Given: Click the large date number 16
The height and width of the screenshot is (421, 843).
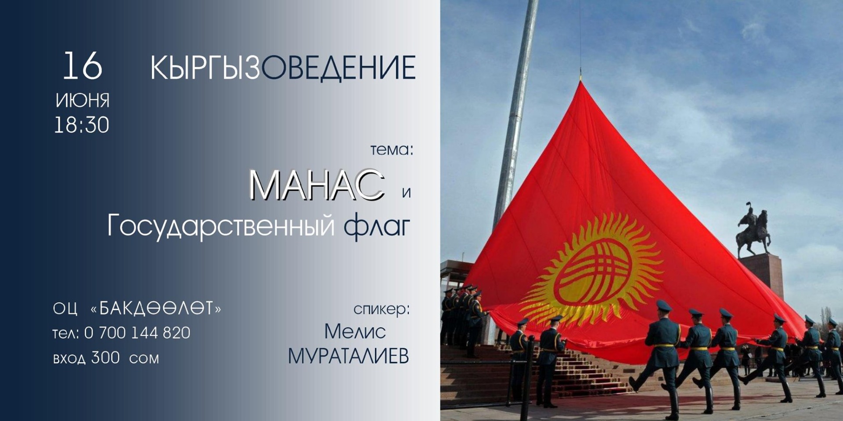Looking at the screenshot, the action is tap(83, 66).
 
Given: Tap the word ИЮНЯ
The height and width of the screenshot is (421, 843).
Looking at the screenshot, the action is tap(83, 100).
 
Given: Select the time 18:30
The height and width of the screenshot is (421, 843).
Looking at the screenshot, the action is tap(82, 125).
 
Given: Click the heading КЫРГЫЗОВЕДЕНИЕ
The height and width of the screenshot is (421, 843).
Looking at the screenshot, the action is tap(283, 68).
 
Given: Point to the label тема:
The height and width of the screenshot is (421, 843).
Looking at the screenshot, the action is tap(392, 150).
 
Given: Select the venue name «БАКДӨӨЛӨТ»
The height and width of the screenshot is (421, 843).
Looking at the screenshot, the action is tap(156, 309).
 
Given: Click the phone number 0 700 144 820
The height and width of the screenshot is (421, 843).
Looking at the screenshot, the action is tap(137, 333).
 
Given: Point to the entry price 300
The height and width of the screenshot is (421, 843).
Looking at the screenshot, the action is tap(105, 358).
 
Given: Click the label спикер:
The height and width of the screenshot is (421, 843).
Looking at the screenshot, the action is tap(382, 310).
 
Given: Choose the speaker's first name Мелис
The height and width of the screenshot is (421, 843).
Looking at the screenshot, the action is tap(355, 332).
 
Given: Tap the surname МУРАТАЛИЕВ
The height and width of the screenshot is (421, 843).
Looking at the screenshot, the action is tap(348, 356).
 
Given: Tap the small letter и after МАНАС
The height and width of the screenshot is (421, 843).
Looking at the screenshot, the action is tap(407, 193).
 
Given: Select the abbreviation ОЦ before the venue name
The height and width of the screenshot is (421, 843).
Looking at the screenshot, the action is tap(65, 309).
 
